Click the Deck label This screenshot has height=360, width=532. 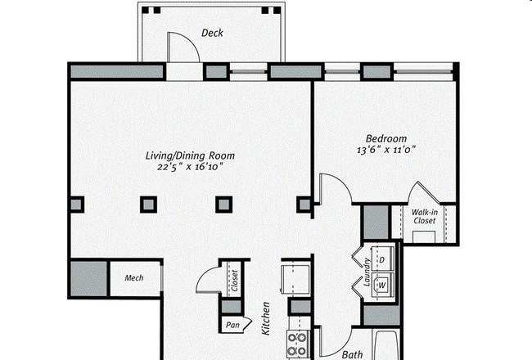tap(213, 33)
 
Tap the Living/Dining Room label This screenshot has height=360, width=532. tap(190, 155)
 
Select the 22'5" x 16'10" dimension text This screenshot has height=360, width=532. tap(190, 167)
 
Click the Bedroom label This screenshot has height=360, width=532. tap(386, 138)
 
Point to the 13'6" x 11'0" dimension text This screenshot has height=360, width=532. tap(386, 150)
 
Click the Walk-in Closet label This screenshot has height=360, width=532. tap(425, 217)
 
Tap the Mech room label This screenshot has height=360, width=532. tap(134, 278)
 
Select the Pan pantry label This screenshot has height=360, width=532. tap(232, 325)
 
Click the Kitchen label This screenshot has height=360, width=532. tap(266, 318)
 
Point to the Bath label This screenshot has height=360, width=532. tap(352, 355)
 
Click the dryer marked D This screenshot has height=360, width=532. tap(383, 259)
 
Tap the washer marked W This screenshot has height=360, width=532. tap(383, 285)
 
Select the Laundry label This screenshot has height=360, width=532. tap(366, 272)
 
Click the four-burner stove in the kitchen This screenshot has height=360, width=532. tap(297, 344)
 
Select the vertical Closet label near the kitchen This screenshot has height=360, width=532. tap(235, 281)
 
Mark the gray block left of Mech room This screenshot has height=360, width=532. tap(89, 279)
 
